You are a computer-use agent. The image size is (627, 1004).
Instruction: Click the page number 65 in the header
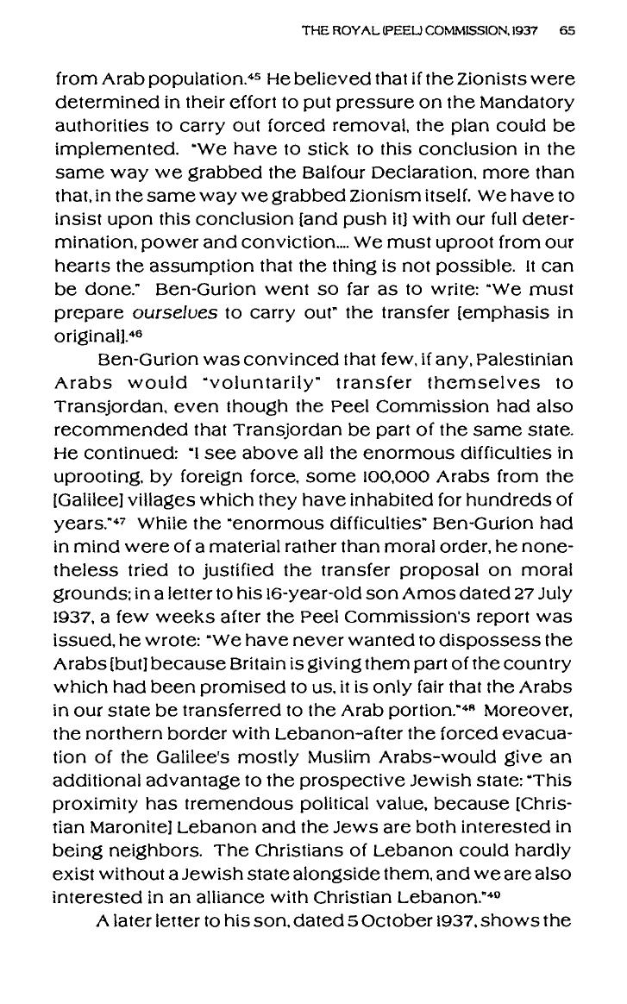[566, 30]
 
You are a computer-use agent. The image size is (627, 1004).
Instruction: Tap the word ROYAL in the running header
[347, 30]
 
